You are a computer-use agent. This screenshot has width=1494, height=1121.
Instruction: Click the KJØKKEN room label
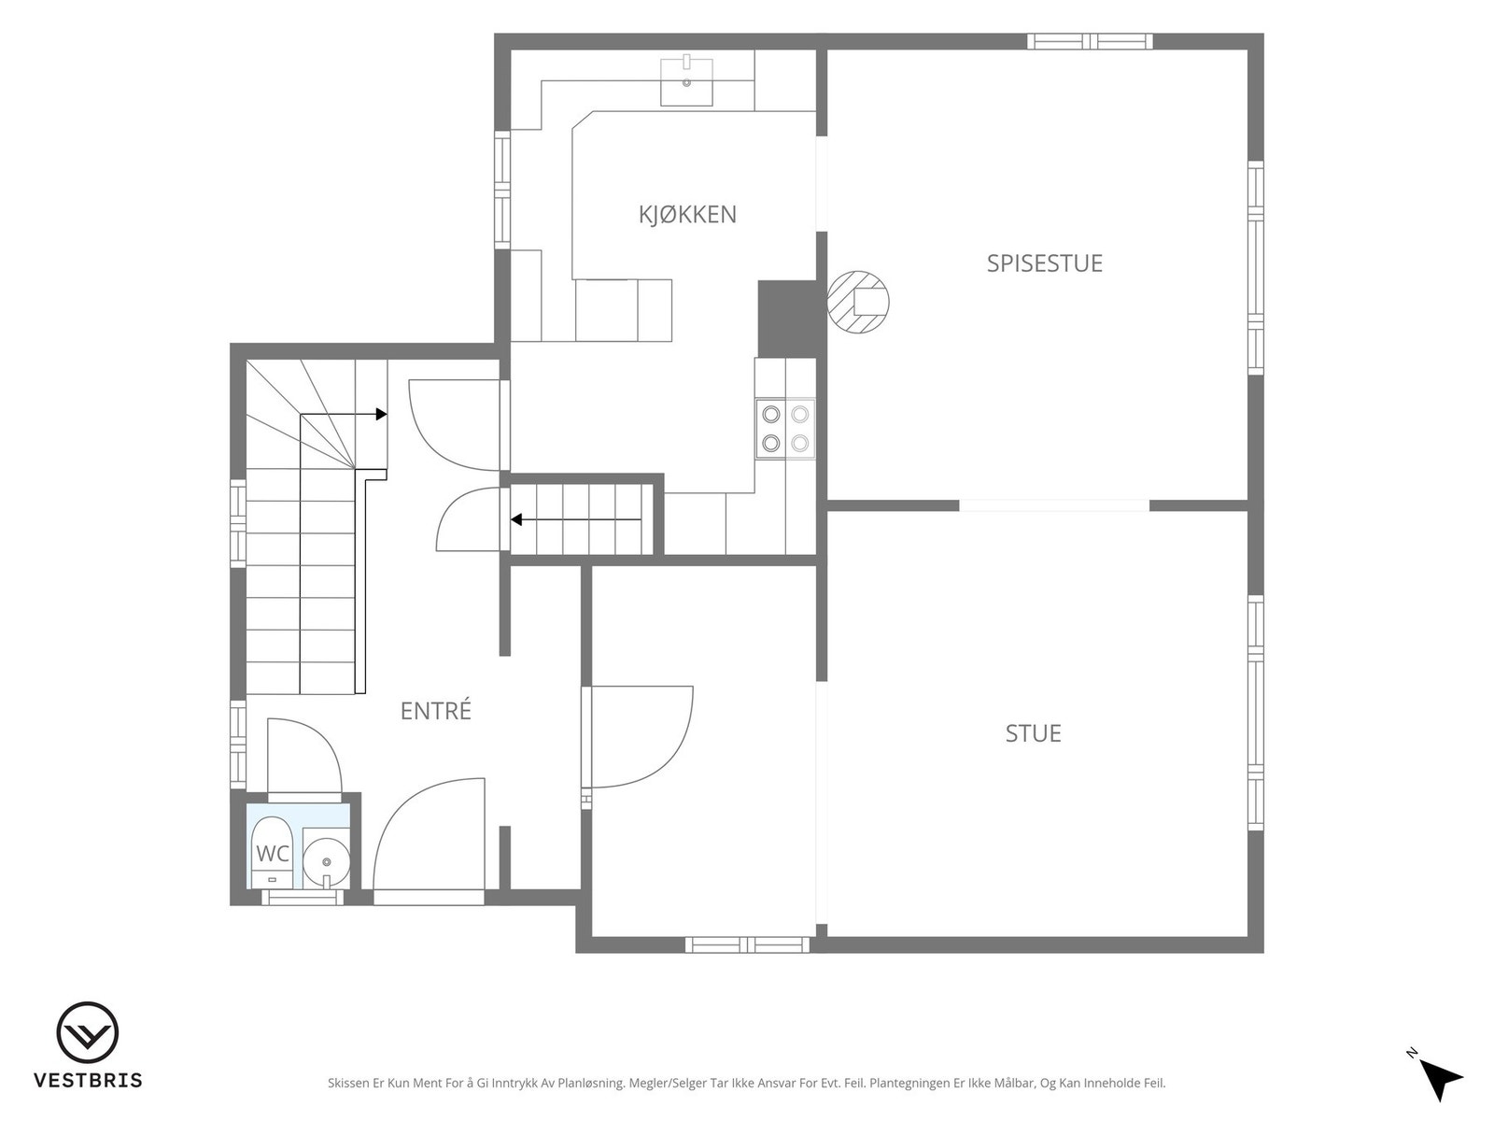(687, 215)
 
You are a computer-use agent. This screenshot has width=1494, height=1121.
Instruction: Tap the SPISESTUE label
(1044, 263)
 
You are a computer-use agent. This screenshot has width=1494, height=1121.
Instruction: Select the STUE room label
(1034, 733)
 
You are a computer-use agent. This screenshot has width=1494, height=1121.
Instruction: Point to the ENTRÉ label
(436, 710)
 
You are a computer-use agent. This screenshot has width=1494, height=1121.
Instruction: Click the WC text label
(273, 853)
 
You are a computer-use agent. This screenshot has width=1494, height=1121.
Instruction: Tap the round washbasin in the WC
(326, 862)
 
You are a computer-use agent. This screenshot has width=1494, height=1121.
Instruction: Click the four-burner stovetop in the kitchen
(784, 429)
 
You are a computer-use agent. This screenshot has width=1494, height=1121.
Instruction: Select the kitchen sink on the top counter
(686, 81)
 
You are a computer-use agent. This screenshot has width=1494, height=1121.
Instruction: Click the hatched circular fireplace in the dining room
(857, 302)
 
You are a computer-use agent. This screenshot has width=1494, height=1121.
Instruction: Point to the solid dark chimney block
(787, 319)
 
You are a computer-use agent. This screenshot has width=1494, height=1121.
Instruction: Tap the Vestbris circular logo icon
(88, 1033)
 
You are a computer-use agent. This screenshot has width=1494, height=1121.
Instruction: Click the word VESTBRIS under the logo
(88, 1080)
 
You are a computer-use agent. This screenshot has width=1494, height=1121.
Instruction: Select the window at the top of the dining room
(1090, 41)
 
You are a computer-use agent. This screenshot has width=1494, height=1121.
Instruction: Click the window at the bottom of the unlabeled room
(747, 944)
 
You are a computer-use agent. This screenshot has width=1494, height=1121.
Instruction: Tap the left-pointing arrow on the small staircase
(576, 520)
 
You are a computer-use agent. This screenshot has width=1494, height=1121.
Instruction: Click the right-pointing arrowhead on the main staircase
(382, 414)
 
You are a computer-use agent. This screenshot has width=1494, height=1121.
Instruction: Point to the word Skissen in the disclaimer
(348, 1083)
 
